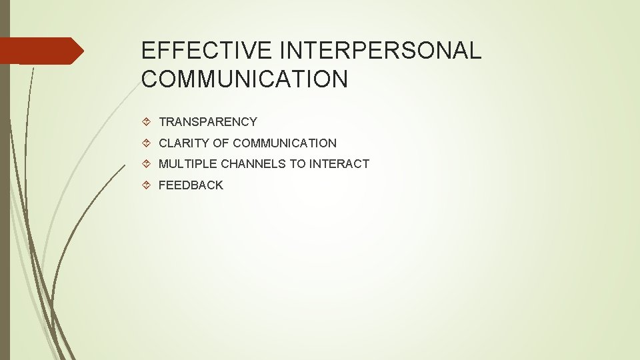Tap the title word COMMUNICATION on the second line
[245, 79]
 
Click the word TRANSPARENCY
[207, 122]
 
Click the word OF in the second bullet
[220, 143]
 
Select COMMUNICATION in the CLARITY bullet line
[285, 143]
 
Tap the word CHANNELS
[253, 164]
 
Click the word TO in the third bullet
[297, 164]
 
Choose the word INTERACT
[339, 164]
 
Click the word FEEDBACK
[191, 185]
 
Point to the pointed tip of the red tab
[82, 51]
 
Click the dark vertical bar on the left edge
[5, 200]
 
